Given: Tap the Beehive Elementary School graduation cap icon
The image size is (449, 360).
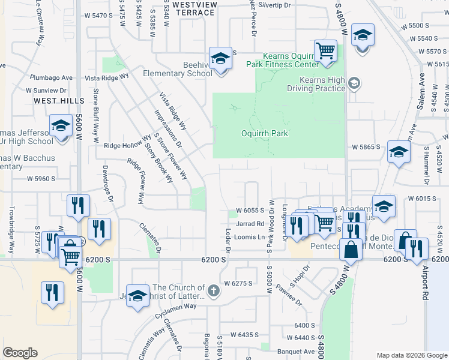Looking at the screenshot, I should coord(221,59).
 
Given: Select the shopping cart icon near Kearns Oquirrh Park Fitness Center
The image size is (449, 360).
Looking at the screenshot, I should coord(325,50).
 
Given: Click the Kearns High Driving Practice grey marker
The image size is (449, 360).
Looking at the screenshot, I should coord(354,83).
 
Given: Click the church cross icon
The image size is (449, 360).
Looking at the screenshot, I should coord(214,292).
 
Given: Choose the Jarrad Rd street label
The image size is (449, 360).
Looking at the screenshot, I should coord(250,224).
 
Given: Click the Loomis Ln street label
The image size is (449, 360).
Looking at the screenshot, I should coord(253,237).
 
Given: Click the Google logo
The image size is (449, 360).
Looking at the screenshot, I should coord(20,353).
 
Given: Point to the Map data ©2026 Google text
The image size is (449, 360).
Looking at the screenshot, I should coord(411,355).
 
